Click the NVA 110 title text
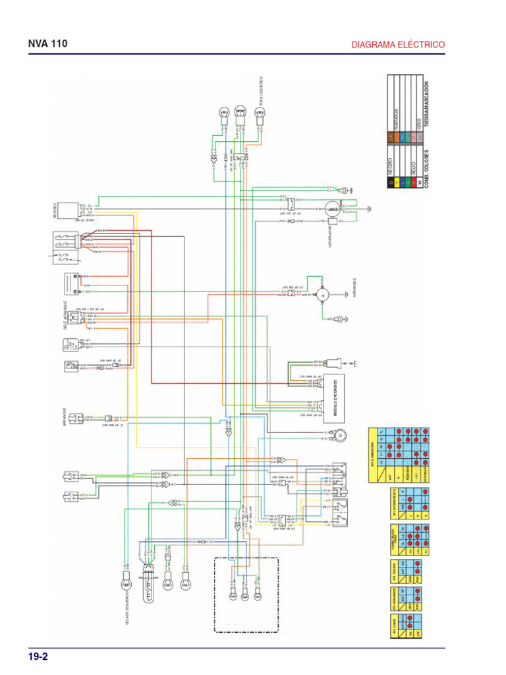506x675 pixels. (47, 44)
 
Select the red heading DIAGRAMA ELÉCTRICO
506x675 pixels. (398, 45)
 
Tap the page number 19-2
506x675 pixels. (38, 657)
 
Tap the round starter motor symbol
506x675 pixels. (323, 295)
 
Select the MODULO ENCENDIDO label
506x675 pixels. (333, 392)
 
